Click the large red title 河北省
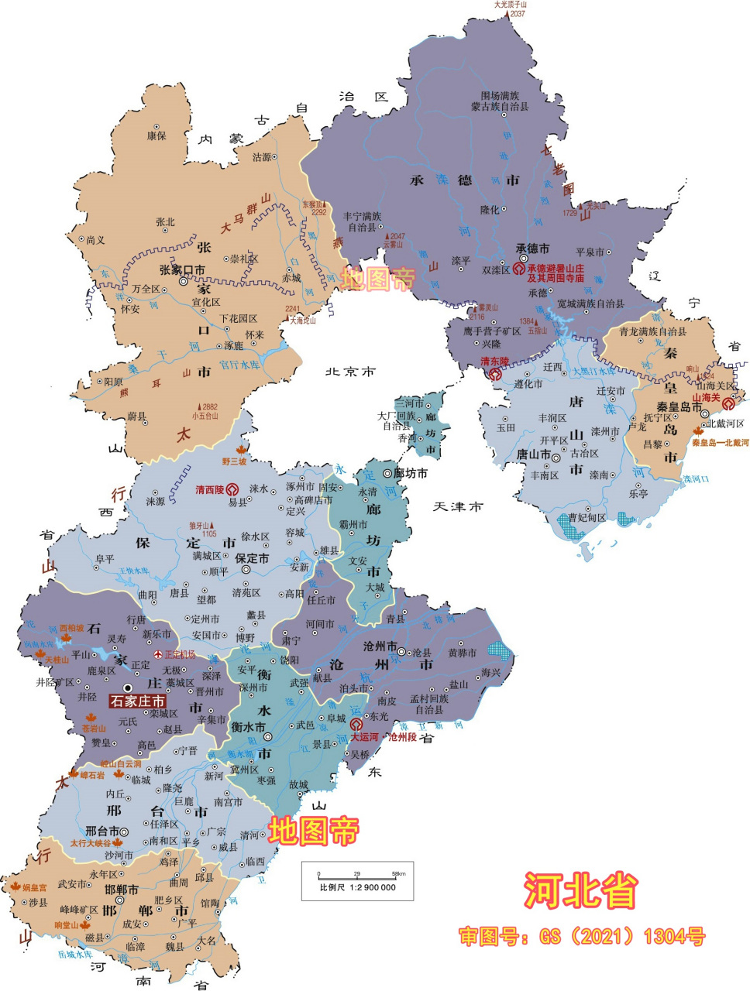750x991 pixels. [580, 890]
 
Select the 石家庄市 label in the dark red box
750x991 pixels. [138, 701]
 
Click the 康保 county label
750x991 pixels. [157, 135]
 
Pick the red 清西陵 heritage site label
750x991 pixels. [209, 489]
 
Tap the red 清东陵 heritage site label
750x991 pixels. [494, 362]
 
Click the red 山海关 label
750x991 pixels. [706, 398]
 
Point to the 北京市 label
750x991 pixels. [350, 372]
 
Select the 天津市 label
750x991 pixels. [457, 506]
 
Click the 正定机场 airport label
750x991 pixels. [180, 655]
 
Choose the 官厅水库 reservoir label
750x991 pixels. [239, 364]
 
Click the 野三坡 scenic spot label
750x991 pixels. [234, 461]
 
